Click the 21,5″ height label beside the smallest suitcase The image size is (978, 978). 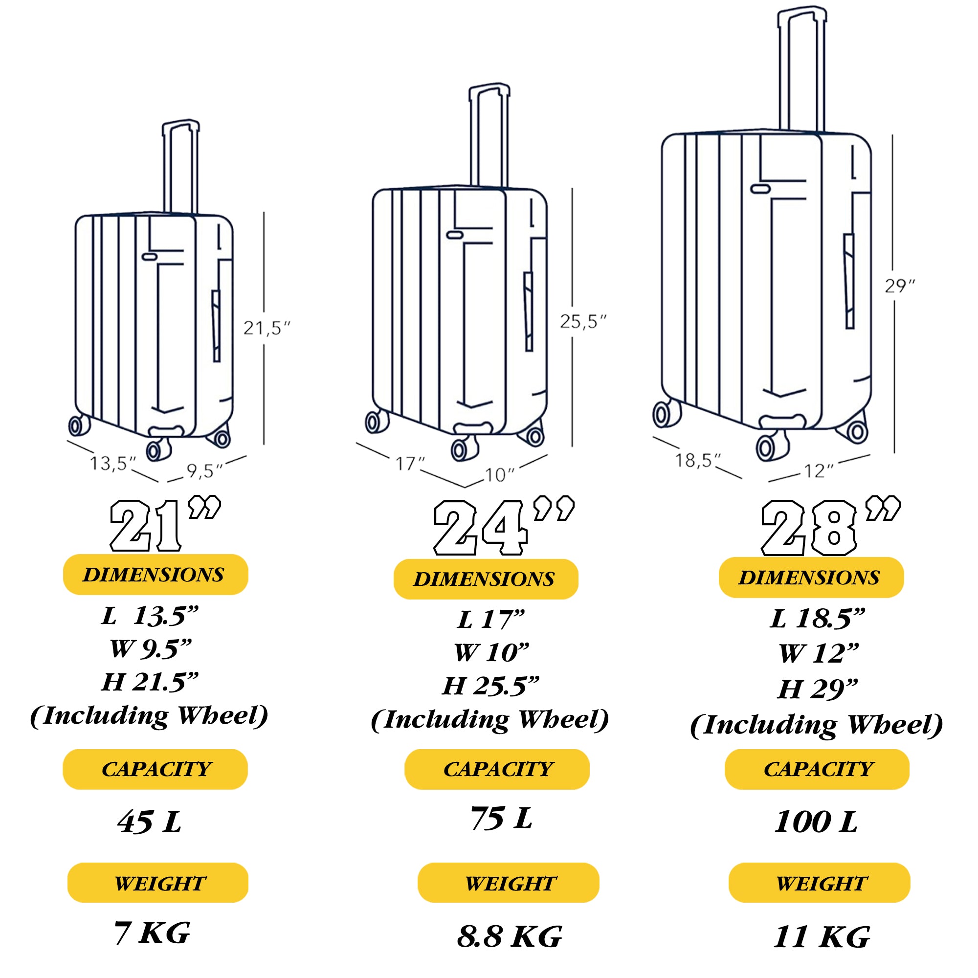(267, 328)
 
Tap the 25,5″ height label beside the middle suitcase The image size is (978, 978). (583, 321)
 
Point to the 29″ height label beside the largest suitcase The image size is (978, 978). (900, 286)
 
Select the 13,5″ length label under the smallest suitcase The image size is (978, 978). (113, 463)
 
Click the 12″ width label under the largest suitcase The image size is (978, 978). (819, 471)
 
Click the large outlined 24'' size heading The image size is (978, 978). (504, 527)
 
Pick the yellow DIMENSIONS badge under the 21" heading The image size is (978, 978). (156, 575)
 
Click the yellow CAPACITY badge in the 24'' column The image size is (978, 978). (497, 769)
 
